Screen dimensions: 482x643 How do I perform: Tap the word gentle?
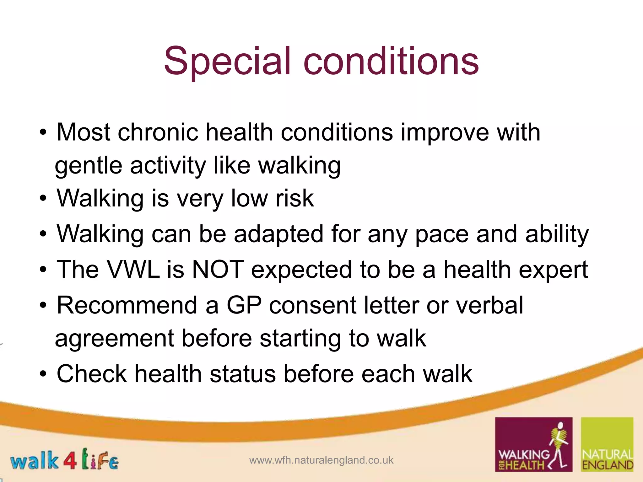point(88,165)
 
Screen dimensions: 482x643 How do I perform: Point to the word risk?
point(294,199)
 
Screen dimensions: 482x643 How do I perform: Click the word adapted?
point(278,234)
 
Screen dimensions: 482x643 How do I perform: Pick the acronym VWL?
point(133,270)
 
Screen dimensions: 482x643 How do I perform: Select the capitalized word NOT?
point(218,270)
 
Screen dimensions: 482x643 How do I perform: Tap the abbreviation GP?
point(244,305)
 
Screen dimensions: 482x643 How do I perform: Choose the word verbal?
point(489,305)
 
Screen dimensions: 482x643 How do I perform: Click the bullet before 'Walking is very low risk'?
point(43,199)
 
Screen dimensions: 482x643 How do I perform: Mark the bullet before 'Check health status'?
point(43,374)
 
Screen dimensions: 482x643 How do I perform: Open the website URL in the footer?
point(321,460)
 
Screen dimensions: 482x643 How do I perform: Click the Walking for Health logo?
point(533,444)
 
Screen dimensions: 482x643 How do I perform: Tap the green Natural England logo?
point(607,444)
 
